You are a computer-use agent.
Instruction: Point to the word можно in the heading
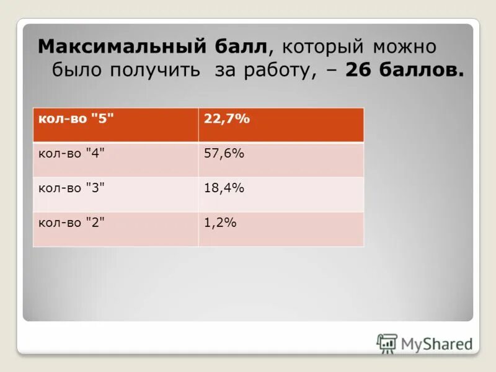pyautogui.click(x=405, y=47)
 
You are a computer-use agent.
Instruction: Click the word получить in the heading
pyautogui.click(x=154, y=71)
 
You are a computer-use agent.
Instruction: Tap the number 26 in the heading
pyautogui.click(x=358, y=71)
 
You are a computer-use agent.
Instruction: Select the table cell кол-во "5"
pyautogui.click(x=72, y=119)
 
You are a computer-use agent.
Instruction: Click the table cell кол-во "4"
pyautogui.click(x=72, y=154)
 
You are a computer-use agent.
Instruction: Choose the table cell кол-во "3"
pyautogui.click(x=72, y=188)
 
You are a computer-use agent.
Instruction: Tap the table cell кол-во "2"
pyautogui.click(x=72, y=223)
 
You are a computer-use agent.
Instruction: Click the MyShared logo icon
pyautogui.click(x=387, y=343)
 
